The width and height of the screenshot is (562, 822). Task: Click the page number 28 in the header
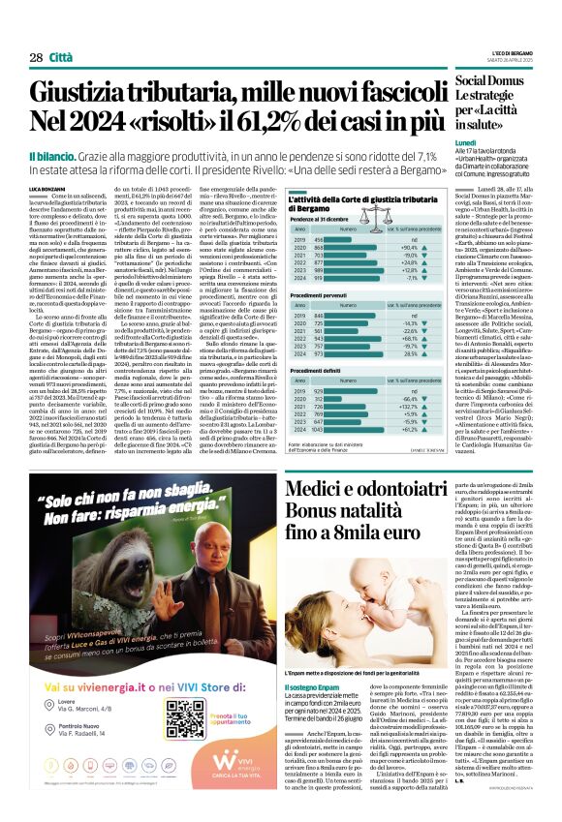pyautogui.click(x=36, y=58)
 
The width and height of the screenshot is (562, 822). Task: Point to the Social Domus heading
pyautogui.click(x=512, y=78)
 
